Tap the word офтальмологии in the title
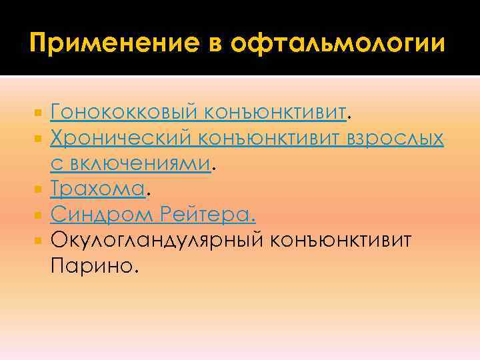tap(335, 44)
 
